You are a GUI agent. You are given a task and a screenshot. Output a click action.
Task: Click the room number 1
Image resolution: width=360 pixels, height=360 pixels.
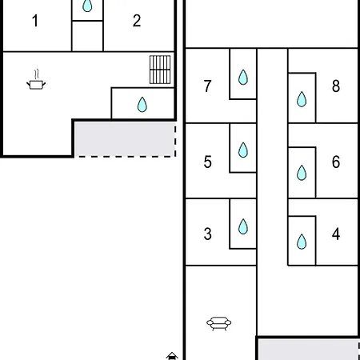(x=34, y=21)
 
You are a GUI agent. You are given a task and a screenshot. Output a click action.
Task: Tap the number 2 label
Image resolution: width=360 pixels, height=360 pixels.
(x=137, y=21)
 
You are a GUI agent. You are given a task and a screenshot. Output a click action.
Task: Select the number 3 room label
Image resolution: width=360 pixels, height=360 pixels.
(x=208, y=234)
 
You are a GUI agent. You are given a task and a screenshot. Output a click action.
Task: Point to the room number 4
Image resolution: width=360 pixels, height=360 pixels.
(x=335, y=234)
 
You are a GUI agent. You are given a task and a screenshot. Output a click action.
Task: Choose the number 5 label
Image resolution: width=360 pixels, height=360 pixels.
(x=208, y=162)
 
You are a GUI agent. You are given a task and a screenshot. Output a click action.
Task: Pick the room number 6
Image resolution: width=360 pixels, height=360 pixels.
(x=335, y=162)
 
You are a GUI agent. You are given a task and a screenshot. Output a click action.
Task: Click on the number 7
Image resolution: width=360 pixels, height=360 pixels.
(x=208, y=86)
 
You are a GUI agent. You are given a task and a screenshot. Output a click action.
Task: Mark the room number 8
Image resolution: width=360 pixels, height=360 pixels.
(x=335, y=86)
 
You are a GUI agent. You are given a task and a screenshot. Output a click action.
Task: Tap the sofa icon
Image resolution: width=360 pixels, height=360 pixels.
(x=219, y=323)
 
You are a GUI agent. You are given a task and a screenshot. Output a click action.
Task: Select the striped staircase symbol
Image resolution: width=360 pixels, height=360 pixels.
(x=160, y=70)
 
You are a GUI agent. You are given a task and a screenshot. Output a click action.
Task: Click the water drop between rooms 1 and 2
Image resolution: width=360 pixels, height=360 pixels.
(x=87, y=7)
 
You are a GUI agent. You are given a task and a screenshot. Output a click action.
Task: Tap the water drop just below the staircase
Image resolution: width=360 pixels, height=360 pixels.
(x=142, y=104)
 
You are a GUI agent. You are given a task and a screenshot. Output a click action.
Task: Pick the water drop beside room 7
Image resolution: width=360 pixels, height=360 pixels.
(x=243, y=78)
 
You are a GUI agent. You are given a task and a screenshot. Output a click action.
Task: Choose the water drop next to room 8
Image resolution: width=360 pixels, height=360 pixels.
(x=302, y=99)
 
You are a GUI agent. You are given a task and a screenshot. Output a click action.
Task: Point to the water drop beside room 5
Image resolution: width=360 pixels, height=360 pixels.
(x=243, y=150)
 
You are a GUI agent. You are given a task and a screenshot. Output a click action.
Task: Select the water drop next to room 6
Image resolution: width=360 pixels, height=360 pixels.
(x=302, y=172)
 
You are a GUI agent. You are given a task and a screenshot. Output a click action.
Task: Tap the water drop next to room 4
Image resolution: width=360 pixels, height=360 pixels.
(x=302, y=242)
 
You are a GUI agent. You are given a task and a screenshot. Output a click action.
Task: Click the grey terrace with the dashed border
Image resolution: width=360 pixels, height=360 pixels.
(x=123, y=138)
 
